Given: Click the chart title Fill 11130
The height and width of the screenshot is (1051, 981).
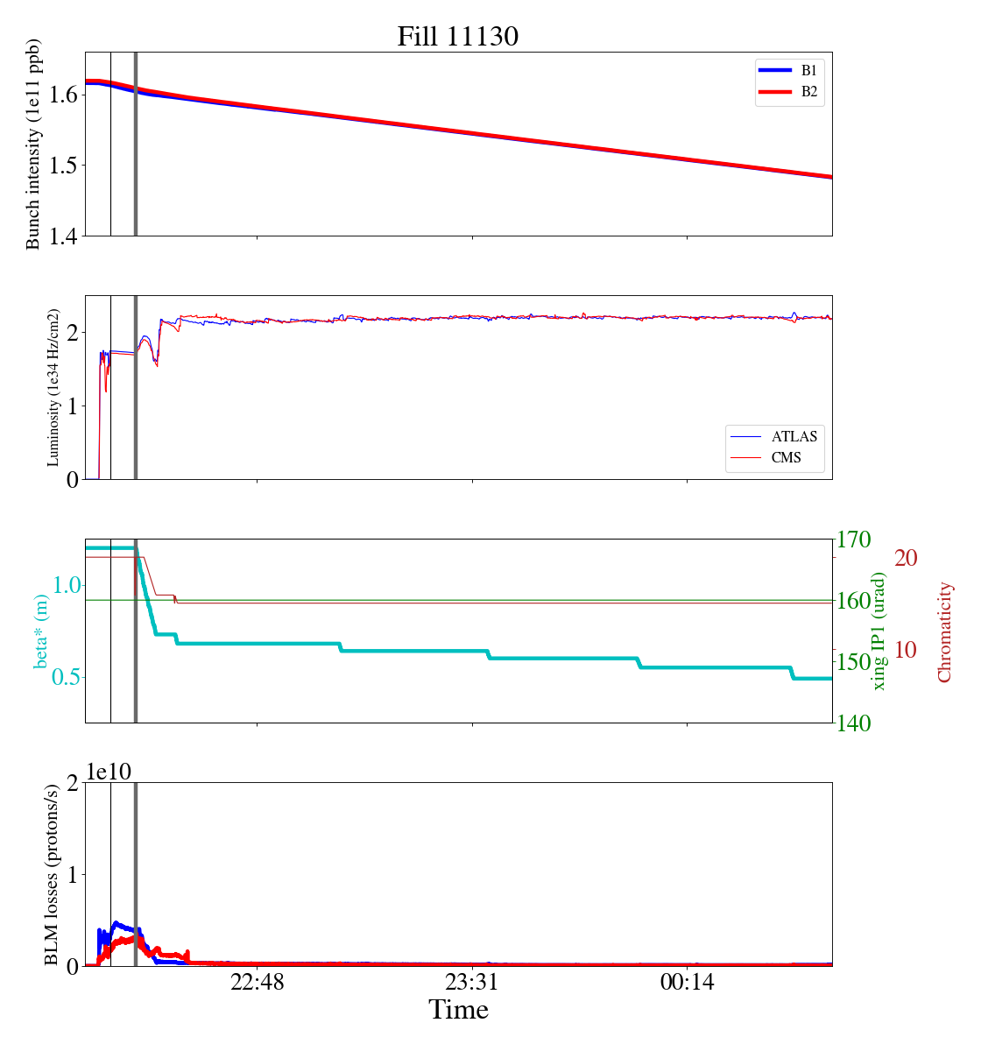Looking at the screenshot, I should tap(458, 37).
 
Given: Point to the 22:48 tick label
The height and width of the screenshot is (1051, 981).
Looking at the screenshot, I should tap(258, 983).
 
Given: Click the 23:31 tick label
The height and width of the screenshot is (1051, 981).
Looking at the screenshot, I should tap(472, 983).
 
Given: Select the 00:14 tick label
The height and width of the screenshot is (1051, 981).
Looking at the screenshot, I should tap(687, 983).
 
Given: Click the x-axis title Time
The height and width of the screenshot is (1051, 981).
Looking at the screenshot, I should tap(458, 1010).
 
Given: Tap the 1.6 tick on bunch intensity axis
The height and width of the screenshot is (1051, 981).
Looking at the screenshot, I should tap(64, 95).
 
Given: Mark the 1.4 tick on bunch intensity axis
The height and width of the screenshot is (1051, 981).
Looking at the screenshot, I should tap(64, 236).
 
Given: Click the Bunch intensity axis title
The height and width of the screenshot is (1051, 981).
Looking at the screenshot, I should tap(33, 144).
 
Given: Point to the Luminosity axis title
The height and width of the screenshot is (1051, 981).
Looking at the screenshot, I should tap(53, 387).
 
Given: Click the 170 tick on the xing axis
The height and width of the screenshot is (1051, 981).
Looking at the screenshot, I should tap(854, 540).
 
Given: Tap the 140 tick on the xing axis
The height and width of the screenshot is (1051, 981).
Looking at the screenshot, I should tap(854, 723).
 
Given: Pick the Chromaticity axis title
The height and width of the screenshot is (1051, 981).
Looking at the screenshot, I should tap(944, 631).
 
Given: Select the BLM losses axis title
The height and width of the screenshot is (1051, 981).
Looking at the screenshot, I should tap(53, 874).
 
